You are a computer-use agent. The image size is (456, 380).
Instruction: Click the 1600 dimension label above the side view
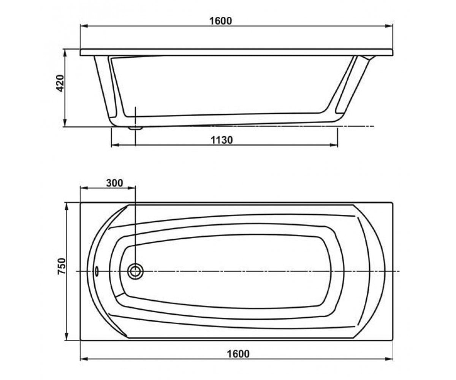tap(220, 21)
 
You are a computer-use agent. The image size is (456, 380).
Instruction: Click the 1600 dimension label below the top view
tap(238, 354)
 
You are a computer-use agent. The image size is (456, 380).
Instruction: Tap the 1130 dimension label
tap(222, 140)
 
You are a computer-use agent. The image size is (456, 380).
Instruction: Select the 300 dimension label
tap(115, 183)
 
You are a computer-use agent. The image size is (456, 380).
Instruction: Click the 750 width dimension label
tap(61, 266)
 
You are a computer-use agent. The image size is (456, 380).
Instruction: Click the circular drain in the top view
tap(135, 271)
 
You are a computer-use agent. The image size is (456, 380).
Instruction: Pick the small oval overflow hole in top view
tap(97, 271)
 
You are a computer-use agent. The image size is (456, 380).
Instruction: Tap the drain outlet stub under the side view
tap(136, 128)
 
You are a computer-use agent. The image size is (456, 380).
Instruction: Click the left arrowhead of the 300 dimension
tap(84, 188)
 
